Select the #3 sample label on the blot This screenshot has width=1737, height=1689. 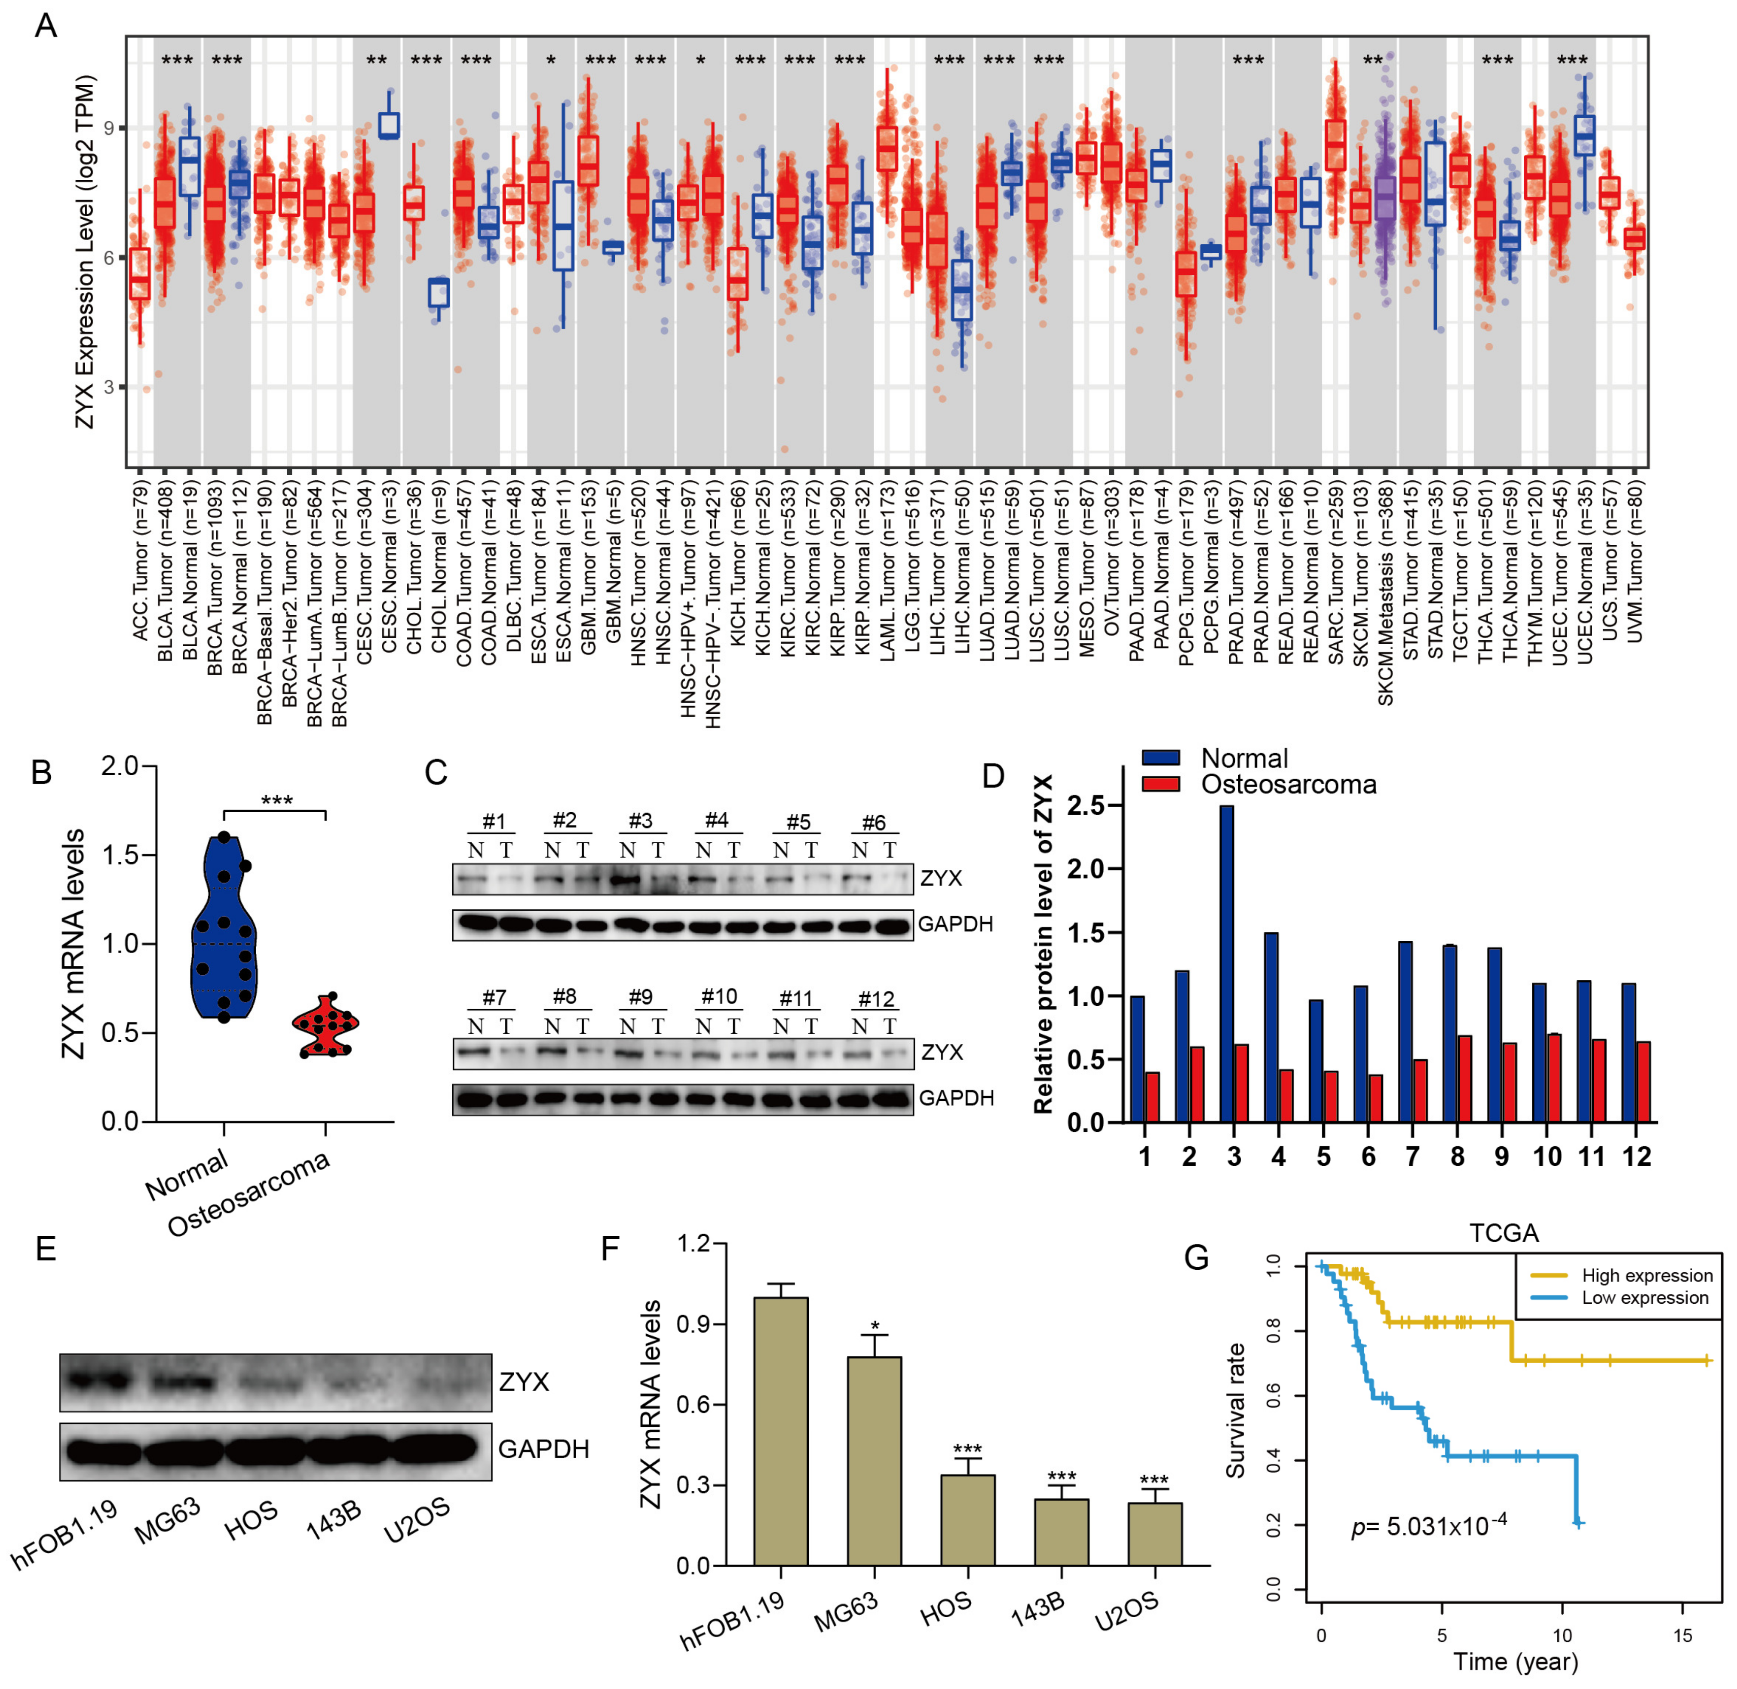(x=641, y=820)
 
